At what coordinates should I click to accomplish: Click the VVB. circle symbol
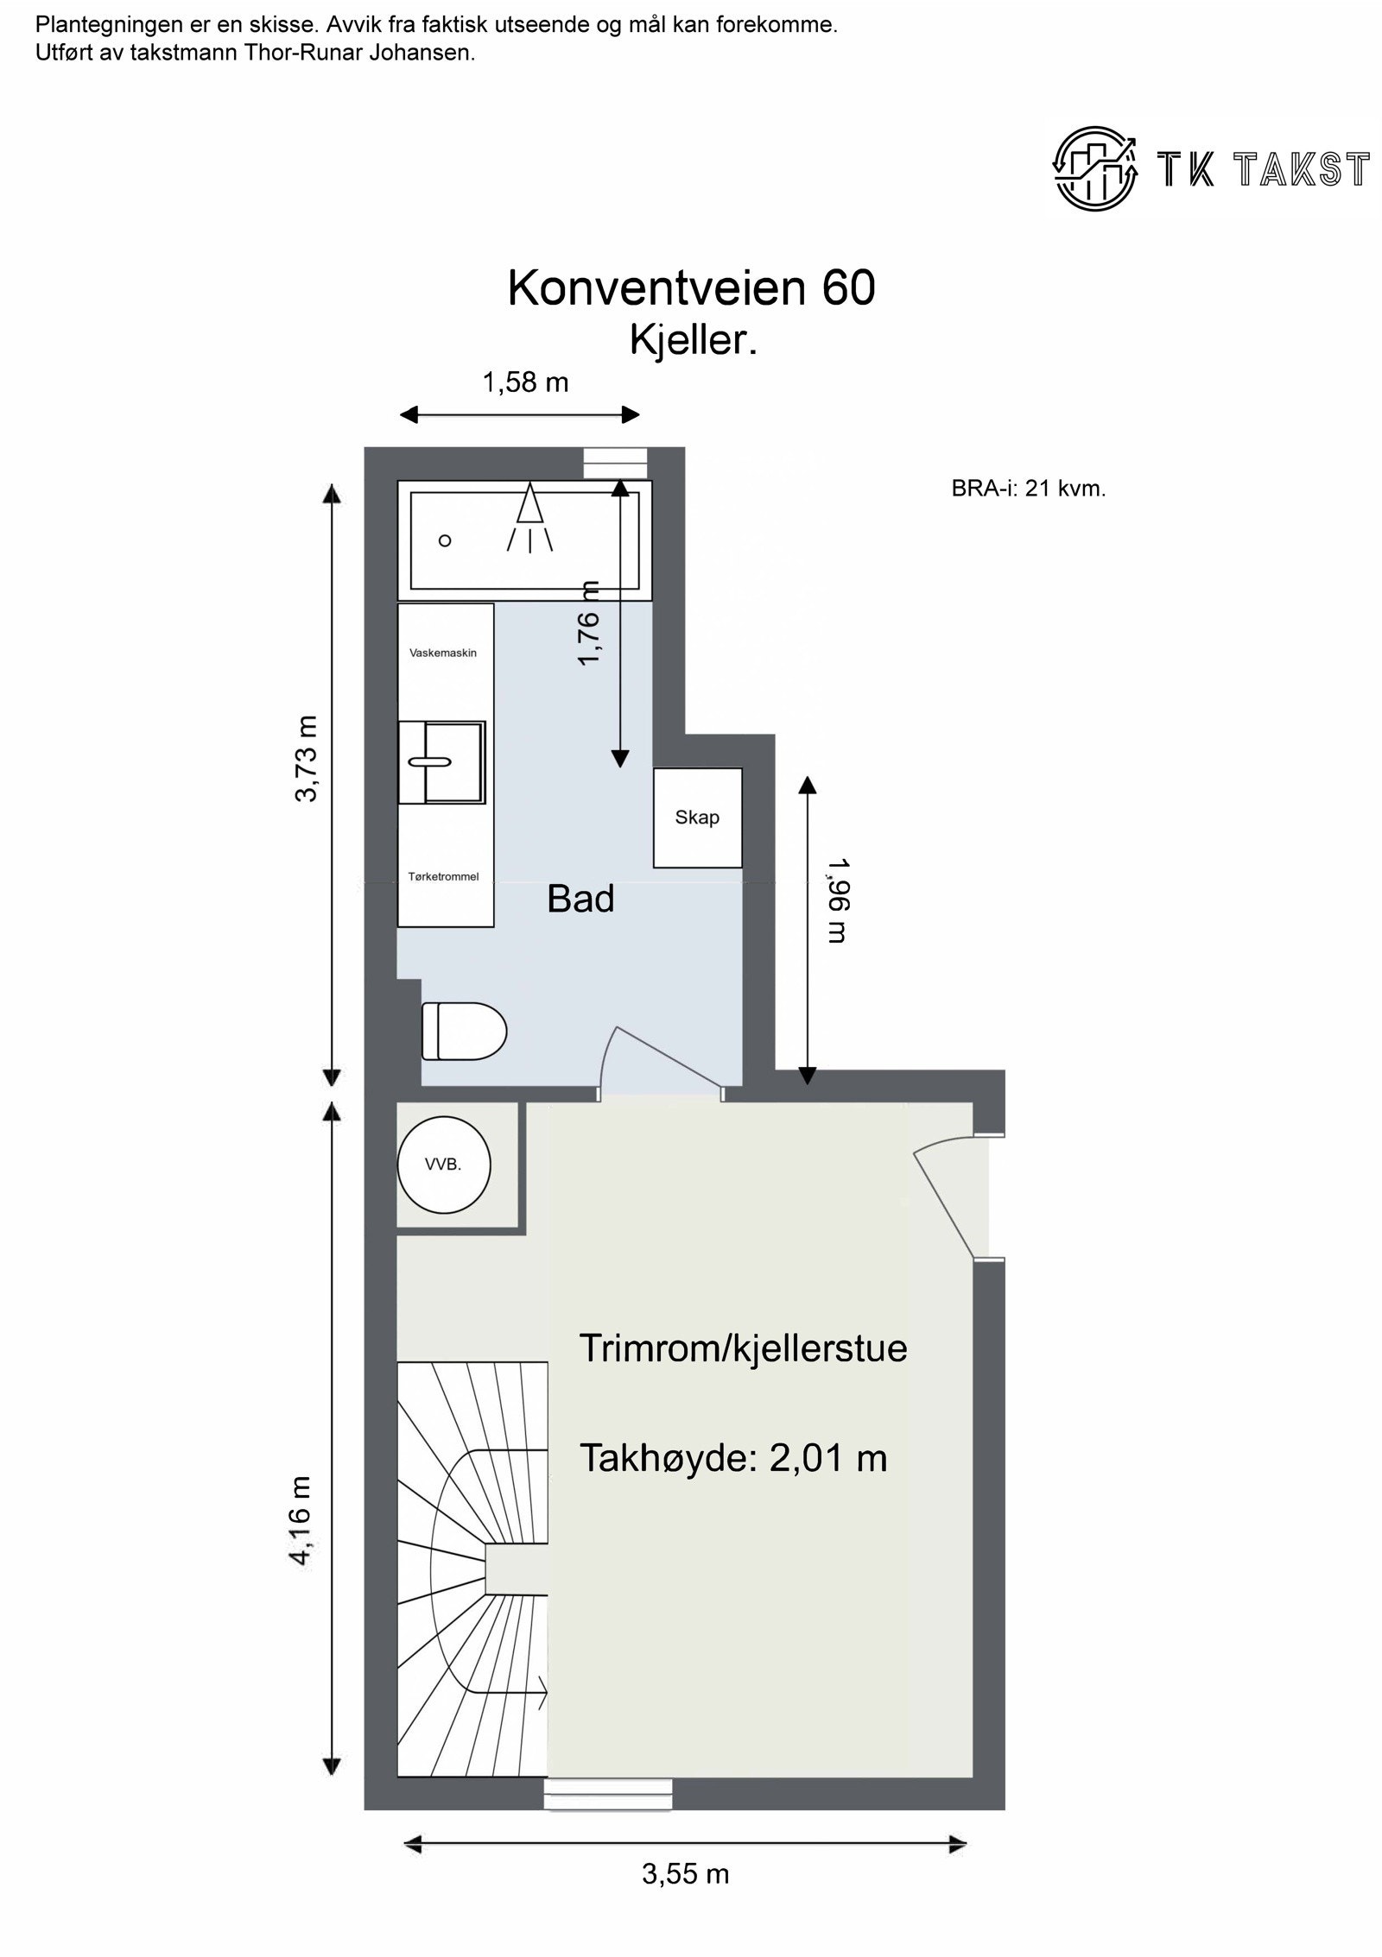click(x=443, y=1164)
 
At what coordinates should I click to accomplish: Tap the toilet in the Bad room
click(x=463, y=1030)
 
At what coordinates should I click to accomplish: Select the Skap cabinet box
click(x=697, y=818)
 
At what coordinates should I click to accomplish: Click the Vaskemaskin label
click(x=442, y=653)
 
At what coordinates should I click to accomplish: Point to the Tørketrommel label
click(x=443, y=876)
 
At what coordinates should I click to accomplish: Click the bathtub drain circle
click(x=445, y=540)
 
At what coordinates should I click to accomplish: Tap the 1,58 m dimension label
click(x=525, y=382)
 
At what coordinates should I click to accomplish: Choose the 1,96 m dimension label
click(x=836, y=900)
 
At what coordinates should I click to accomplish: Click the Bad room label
click(x=580, y=900)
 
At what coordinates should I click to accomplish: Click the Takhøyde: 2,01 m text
click(x=732, y=1458)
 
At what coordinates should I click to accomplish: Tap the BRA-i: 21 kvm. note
click(x=1028, y=489)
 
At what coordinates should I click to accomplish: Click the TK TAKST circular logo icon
click(x=1094, y=167)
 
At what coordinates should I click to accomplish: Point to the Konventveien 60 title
click(x=691, y=287)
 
